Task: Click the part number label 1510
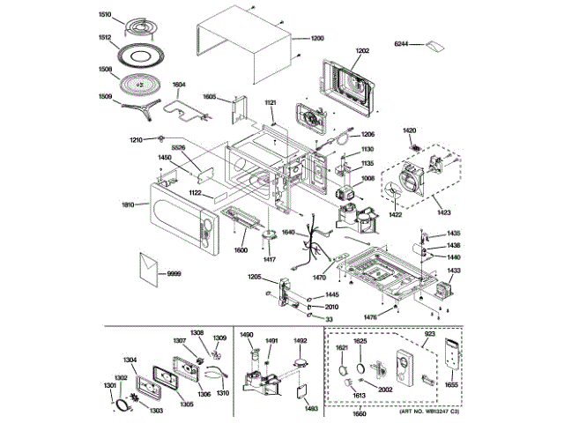(105, 15)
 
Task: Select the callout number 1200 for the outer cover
(317, 39)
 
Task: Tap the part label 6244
(402, 43)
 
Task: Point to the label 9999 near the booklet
(174, 275)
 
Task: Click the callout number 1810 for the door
(128, 204)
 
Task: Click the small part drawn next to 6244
(433, 44)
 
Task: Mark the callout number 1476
(371, 316)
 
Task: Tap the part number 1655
(453, 386)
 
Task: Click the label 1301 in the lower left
(110, 385)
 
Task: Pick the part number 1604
(179, 85)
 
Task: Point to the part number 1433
(454, 271)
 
